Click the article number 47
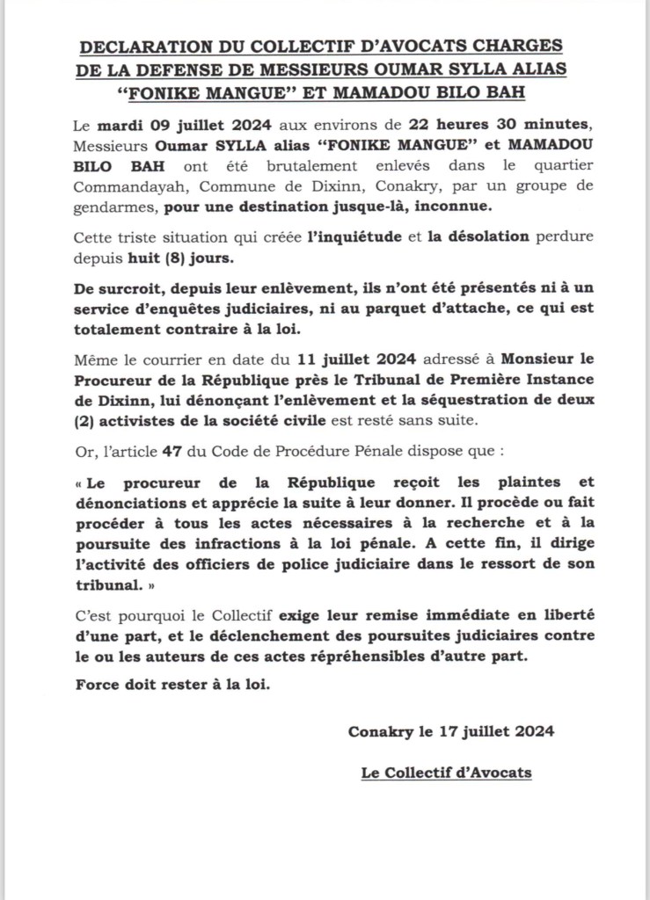click(x=172, y=452)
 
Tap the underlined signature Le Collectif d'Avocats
click(x=446, y=773)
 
